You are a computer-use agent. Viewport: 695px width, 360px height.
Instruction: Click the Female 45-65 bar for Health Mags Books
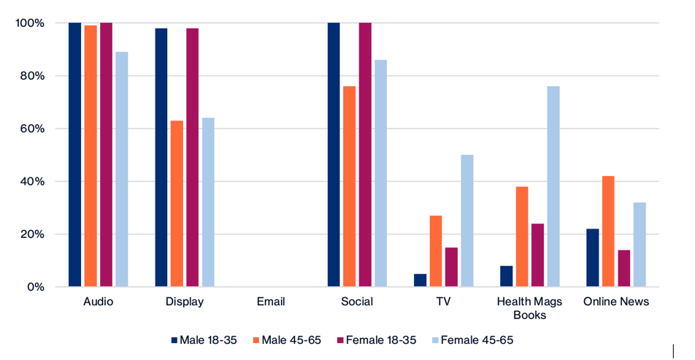pos(553,186)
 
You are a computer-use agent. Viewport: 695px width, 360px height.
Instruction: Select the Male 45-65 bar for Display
pos(177,204)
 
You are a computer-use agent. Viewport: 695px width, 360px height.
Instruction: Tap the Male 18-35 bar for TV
pos(420,280)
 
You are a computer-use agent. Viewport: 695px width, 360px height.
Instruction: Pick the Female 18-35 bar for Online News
pos(624,268)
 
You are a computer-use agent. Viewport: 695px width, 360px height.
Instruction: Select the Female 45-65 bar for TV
pos(467,221)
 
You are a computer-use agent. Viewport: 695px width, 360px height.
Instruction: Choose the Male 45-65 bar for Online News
pos(608,231)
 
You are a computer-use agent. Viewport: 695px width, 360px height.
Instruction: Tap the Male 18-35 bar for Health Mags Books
pos(506,276)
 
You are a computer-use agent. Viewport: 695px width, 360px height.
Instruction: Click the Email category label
pos(271,301)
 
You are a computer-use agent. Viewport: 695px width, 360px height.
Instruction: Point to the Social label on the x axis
pos(357,301)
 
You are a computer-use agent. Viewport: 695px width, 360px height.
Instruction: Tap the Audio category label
pos(99,301)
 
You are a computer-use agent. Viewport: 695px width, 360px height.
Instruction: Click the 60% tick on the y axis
pos(32,129)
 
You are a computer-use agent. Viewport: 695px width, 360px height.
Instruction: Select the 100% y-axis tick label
pos(30,23)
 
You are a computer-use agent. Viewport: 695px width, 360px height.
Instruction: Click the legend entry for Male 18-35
pos(204,340)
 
